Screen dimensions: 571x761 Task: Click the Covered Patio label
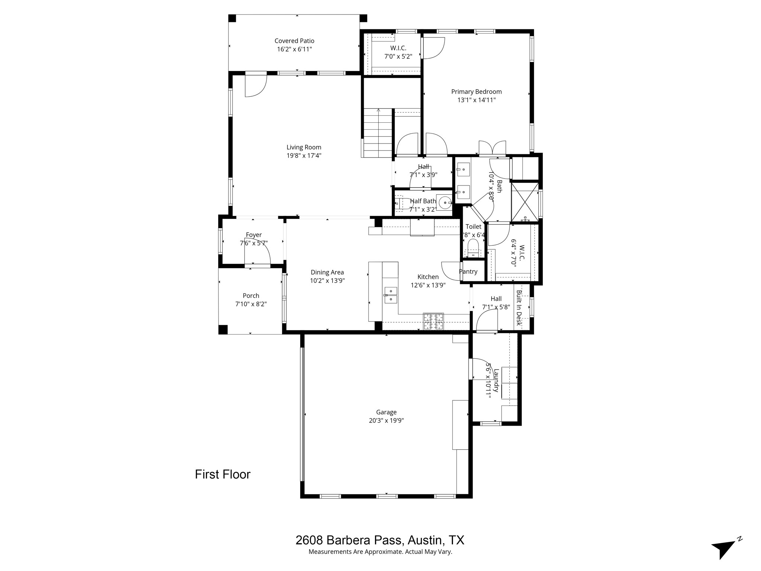pos(294,41)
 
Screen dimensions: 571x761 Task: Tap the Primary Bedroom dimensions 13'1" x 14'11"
pos(476,100)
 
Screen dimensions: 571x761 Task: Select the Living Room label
pos(304,147)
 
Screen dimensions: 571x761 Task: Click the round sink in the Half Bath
pos(444,203)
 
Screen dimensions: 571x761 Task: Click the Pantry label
pos(468,271)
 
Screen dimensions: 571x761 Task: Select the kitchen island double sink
pos(390,295)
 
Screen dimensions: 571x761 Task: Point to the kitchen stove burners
pos(433,322)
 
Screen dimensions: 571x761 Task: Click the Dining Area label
pos(327,272)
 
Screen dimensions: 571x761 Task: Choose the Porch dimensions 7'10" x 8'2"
pos(251,304)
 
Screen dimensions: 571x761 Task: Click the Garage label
pos(386,412)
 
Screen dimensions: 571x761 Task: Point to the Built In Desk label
pos(519,308)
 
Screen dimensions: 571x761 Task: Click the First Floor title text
pos(223,474)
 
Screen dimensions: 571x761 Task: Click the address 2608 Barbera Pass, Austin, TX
pos(380,540)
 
